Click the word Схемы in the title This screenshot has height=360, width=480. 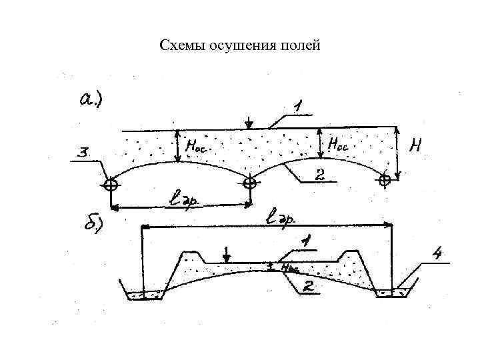click(184, 46)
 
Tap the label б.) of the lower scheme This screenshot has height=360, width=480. click(94, 225)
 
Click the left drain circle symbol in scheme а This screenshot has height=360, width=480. click(112, 184)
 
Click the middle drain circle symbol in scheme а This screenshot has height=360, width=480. click(249, 183)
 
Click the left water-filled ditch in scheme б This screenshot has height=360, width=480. click(144, 294)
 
